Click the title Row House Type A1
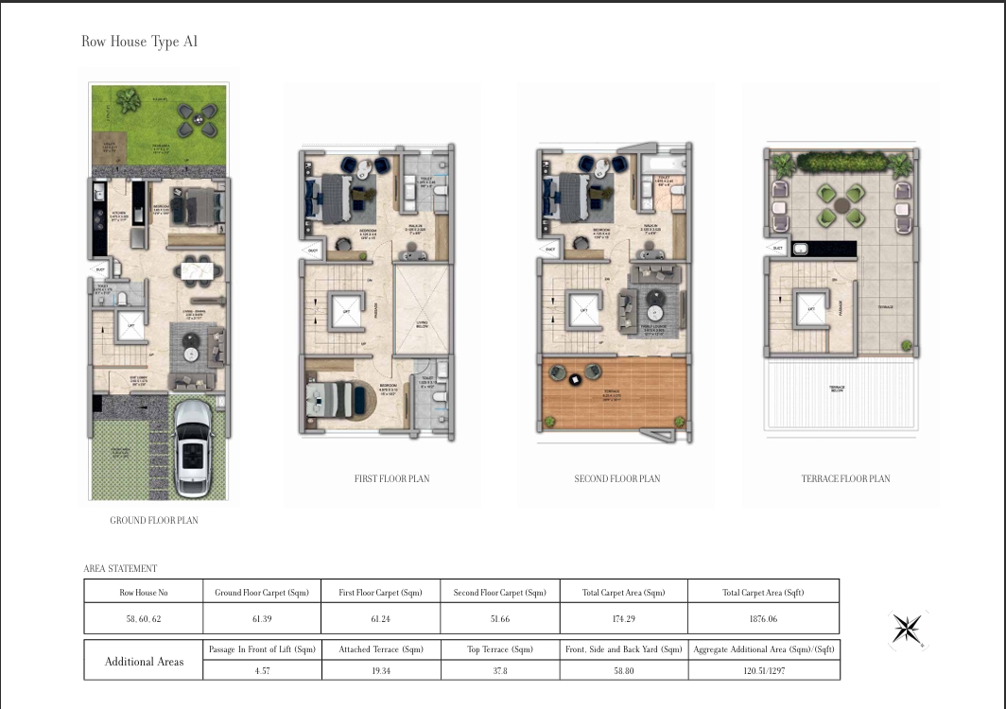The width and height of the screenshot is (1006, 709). [x=140, y=43]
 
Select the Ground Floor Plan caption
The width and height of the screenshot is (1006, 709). [x=154, y=520]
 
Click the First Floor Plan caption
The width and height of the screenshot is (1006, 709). [x=391, y=478]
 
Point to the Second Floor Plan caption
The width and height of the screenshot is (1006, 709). [x=617, y=478]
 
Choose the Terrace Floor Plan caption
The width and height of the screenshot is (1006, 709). [x=845, y=478]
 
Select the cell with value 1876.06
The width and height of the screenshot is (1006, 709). [x=763, y=618]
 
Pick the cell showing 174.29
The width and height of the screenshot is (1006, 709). [x=623, y=618]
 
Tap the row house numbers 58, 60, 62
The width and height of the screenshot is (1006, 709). [x=143, y=618]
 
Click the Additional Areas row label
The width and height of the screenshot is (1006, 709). [x=144, y=661]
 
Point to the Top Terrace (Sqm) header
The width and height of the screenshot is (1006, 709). [x=500, y=649]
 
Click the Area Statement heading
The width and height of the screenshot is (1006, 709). [x=120, y=568]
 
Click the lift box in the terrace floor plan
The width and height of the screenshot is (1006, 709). [x=810, y=308]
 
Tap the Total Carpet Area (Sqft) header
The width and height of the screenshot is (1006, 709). [x=763, y=593]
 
